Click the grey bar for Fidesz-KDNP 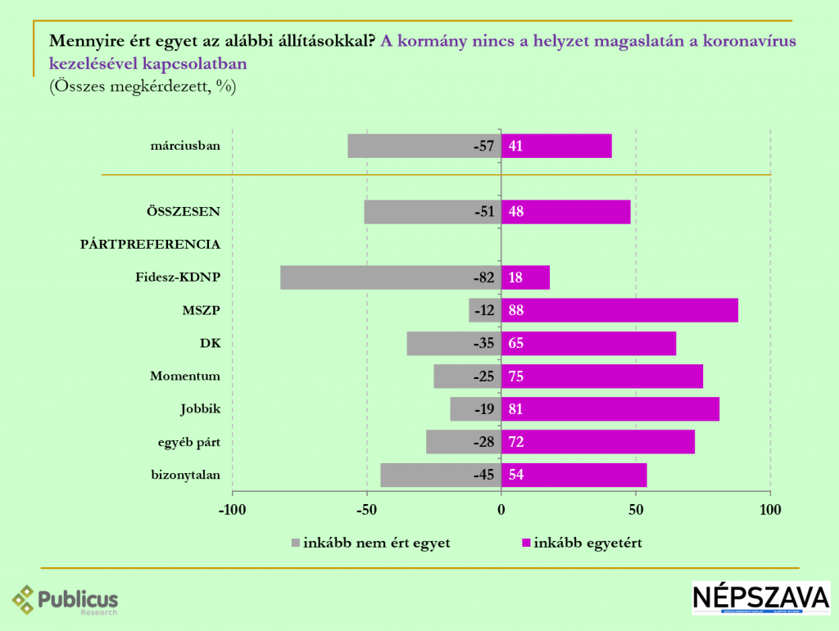[x=377, y=277]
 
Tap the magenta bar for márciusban [x=556, y=146]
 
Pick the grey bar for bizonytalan [x=426, y=475]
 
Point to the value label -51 [x=484, y=212]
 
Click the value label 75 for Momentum [x=516, y=376]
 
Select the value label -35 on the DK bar [x=484, y=343]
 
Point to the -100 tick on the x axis [x=232, y=510]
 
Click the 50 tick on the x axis [x=636, y=510]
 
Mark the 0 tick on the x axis [x=501, y=510]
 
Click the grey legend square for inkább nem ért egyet [x=296, y=543]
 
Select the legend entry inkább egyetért [x=587, y=543]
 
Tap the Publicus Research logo [x=66, y=601]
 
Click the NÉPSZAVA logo [x=760, y=598]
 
